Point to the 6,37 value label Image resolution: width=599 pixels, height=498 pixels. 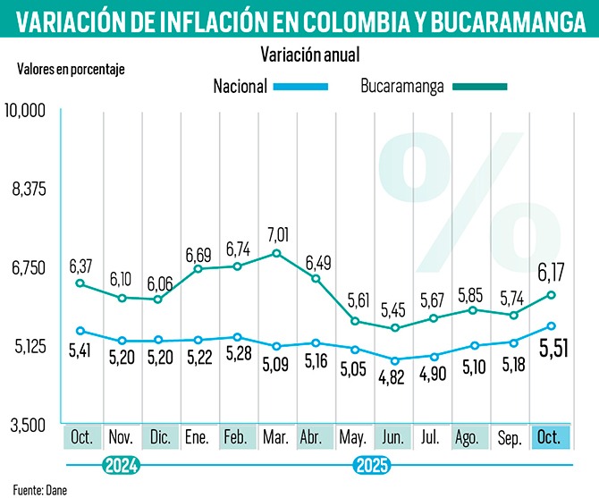point(81,266)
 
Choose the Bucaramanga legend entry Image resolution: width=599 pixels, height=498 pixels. point(402,86)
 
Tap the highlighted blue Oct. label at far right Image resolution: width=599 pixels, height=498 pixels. point(552,437)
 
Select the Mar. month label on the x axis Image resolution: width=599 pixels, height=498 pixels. point(275,437)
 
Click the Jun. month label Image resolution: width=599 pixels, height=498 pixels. point(393,437)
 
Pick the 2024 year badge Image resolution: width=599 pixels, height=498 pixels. point(121,465)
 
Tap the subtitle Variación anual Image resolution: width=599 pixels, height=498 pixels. point(309,55)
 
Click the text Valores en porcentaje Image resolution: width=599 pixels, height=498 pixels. point(71,69)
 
